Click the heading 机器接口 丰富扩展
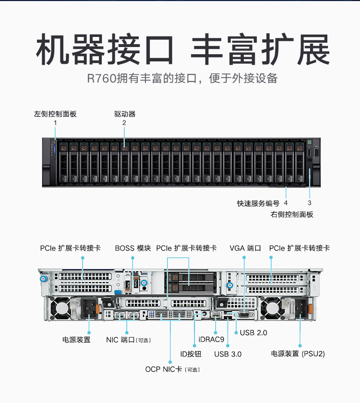pos(183,49)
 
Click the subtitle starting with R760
pos(182,78)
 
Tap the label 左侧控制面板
pos(55,114)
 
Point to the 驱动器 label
pos(125,114)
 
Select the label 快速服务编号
pos(258,203)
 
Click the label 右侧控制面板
pos(292,214)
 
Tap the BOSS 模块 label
pos(133,248)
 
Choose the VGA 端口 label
pos(245,248)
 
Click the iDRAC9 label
pos(211,340)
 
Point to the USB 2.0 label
pos(253,332)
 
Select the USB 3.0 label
pos(228,354)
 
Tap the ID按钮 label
pos(191,354)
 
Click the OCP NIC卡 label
pos(172,369)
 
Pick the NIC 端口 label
pos(128,340)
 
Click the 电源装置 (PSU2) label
pos(298,354)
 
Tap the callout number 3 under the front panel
pos(310,203)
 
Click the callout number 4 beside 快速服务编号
pos(286,203)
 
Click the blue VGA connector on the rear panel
pos(244,315)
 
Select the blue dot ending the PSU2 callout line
pos(300,344)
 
